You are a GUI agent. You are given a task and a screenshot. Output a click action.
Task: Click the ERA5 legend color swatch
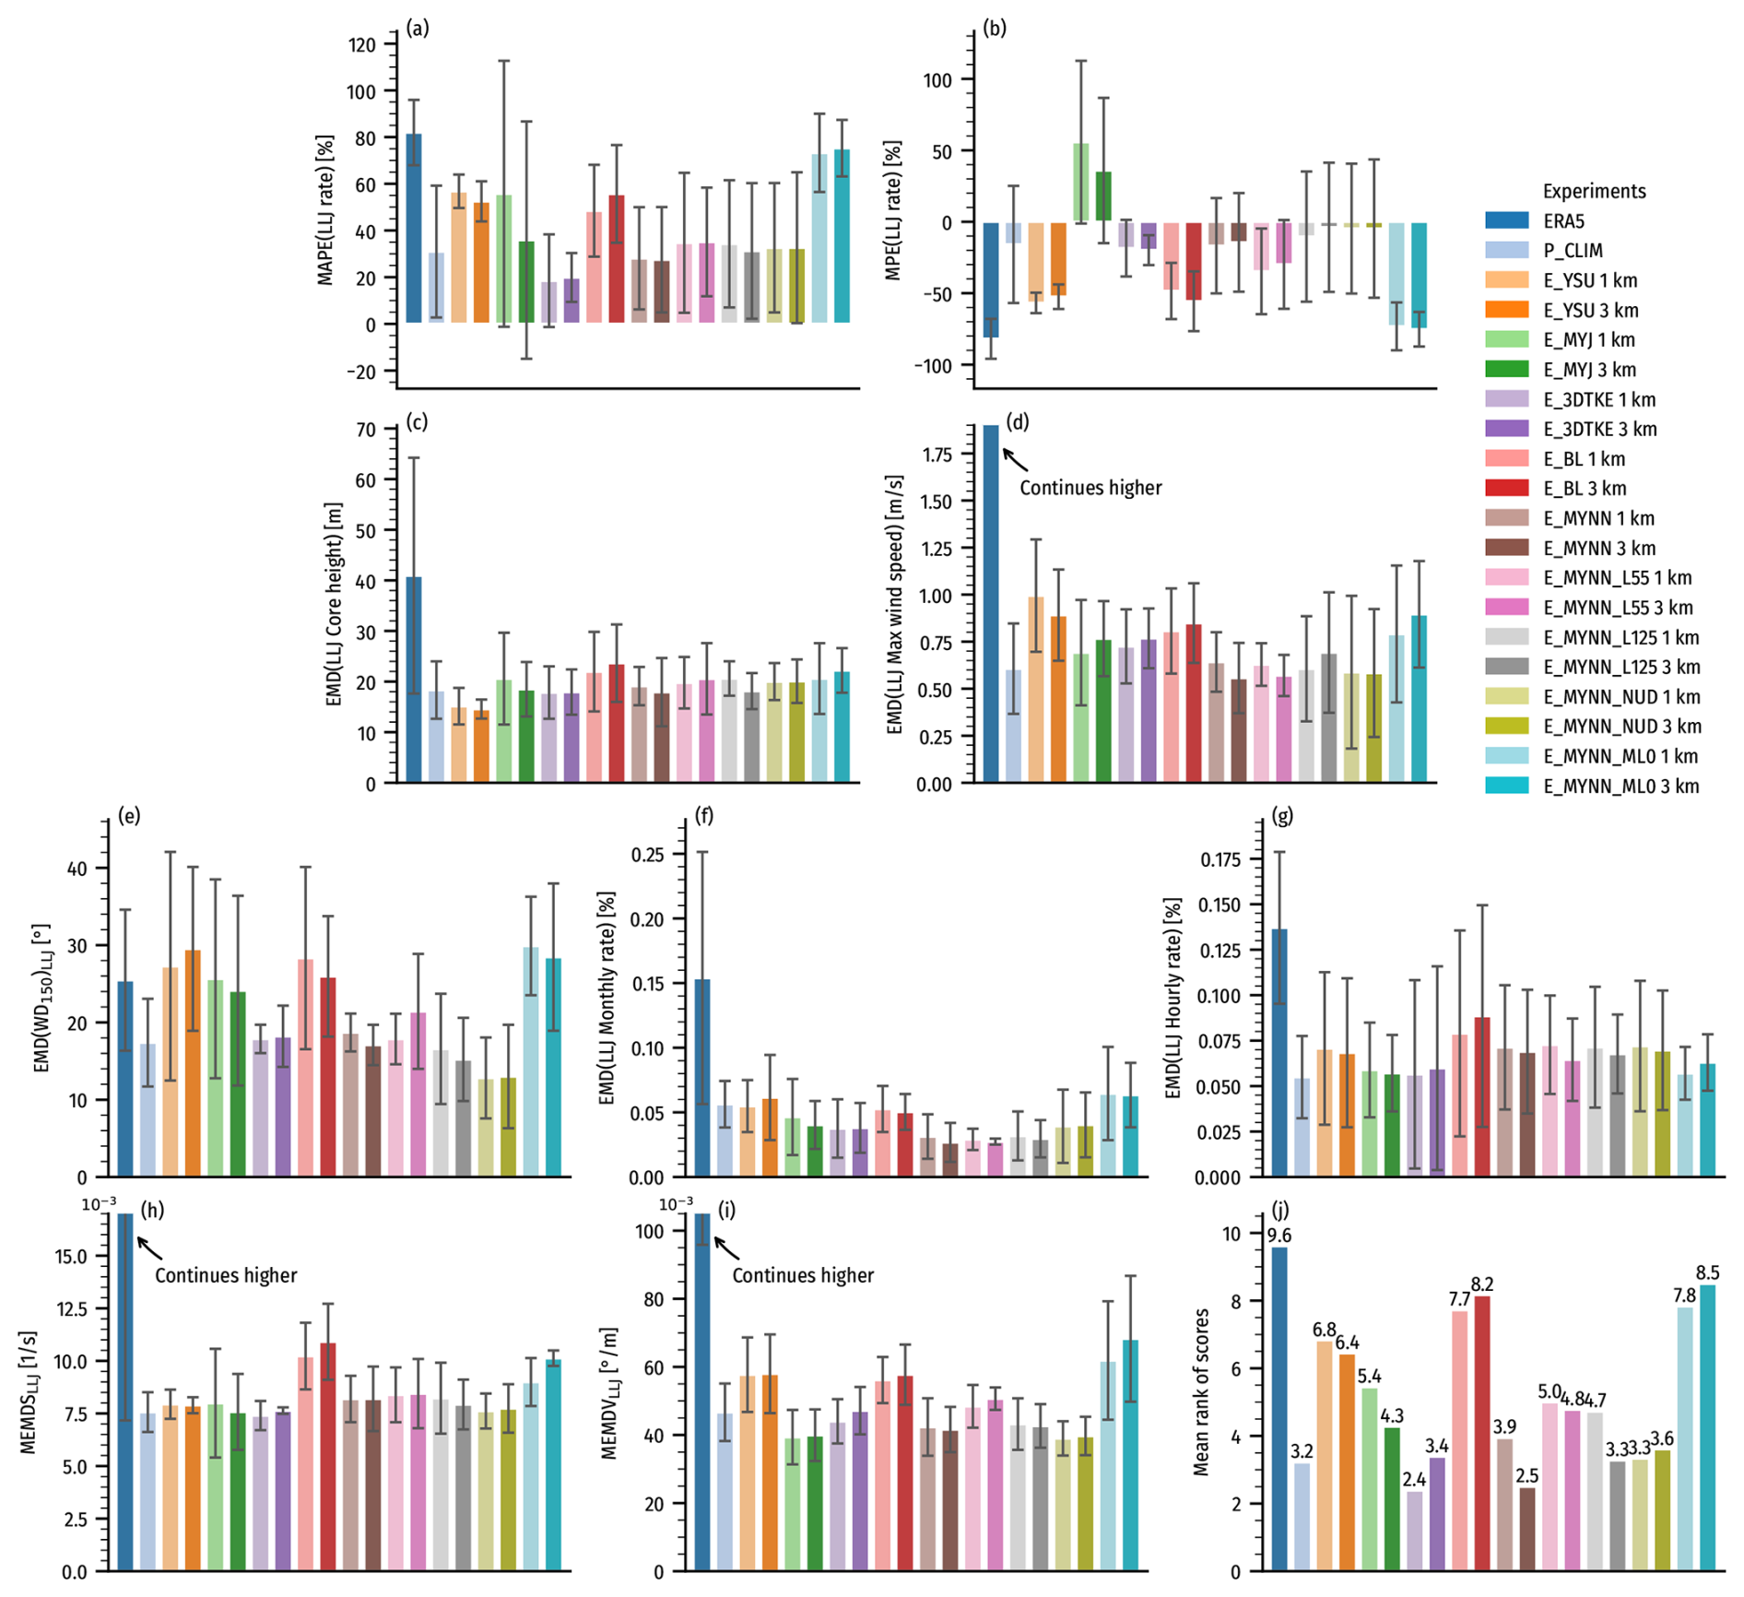tap(1506, 221)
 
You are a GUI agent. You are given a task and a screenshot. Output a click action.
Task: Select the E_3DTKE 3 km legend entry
tap(1599, 430)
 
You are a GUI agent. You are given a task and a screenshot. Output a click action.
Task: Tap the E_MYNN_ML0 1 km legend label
tap(1620, 757)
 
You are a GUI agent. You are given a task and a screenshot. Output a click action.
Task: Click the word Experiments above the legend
tap(1594, 192)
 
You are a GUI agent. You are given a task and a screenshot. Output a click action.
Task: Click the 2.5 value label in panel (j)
tap(1527, 1476)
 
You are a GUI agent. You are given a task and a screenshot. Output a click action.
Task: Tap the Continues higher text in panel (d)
tap(1090, 488)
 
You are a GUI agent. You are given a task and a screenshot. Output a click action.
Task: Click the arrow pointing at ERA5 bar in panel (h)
tap(149, 1248)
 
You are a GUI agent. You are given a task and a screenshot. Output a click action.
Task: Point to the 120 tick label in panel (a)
tap(362, 45)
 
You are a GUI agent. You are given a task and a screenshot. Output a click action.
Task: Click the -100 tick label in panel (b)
tap(936, 366)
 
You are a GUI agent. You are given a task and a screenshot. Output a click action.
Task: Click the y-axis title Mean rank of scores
tap(1200, 1391)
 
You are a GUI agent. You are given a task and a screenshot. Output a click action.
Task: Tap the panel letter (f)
tap(705, 816)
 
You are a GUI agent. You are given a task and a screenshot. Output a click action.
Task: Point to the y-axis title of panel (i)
tap(609, 1393)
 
